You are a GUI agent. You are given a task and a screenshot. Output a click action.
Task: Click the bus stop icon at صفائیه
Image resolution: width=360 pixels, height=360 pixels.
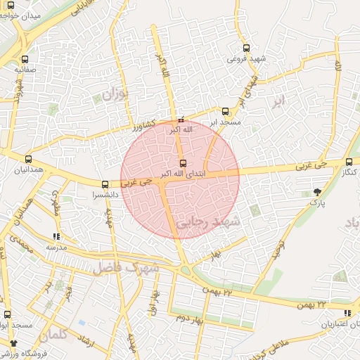coord(25,60)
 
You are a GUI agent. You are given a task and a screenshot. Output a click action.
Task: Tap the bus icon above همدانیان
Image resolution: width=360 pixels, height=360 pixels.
coord(28,160)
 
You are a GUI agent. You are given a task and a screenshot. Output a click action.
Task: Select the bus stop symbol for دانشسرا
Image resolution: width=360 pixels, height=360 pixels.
coord(105,185)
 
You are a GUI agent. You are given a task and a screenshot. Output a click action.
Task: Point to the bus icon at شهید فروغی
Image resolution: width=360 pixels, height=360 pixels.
coord(245,48)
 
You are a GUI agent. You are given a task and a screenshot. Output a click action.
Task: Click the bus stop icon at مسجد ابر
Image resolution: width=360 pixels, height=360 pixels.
coord(225,111)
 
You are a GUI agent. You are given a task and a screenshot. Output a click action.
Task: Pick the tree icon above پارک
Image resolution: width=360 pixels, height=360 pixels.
coord(319,191)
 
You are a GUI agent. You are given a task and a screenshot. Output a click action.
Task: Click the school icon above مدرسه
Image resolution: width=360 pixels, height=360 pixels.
coord(56,237)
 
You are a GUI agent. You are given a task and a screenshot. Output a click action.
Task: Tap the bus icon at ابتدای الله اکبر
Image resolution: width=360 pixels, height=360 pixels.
coord(184,163)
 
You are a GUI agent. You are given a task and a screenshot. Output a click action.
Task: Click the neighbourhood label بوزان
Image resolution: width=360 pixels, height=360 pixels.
coord(116,94)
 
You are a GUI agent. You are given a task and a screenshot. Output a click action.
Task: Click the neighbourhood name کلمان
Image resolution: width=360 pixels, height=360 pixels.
coord(67,336)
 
